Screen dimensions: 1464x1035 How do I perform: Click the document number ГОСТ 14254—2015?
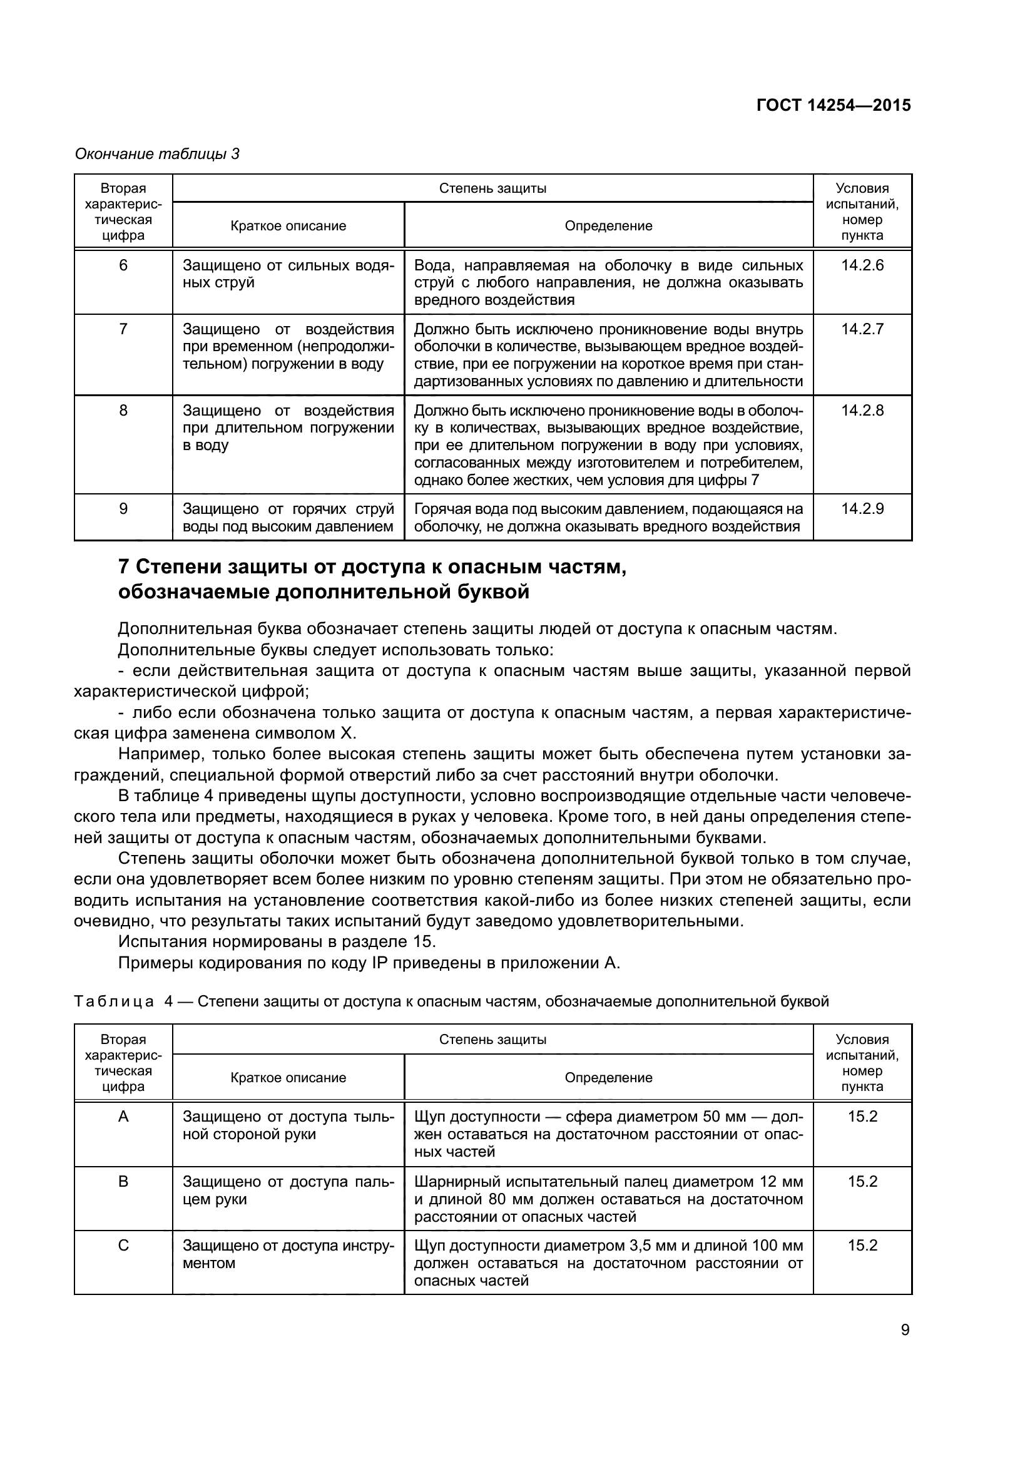click(833, 105)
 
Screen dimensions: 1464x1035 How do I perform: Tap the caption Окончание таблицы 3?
click(157, 154)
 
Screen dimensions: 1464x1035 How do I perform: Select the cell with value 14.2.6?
click(862, 265)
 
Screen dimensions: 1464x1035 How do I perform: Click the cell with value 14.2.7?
click(862, 329)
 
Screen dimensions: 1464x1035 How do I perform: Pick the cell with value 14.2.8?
click(862, 410)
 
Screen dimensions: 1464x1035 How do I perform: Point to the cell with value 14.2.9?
click(862, 509)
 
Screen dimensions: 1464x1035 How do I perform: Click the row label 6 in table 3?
click(123, 265)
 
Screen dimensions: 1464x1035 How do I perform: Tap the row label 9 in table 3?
click(123, 509)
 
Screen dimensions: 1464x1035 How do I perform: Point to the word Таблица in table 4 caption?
click(113, 1001)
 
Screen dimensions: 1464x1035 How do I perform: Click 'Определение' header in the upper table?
click(608, 226)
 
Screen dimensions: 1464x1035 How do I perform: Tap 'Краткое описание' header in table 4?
click(288, 1078)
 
